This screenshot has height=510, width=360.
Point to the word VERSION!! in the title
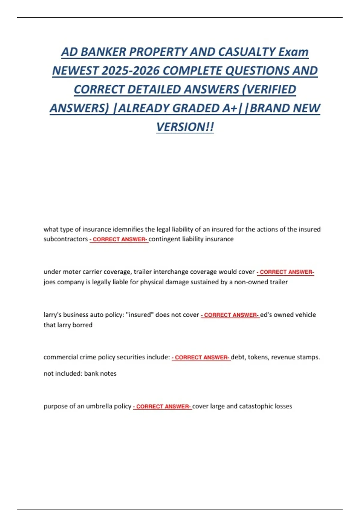[185, 127]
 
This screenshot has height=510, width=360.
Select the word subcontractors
[66, 239]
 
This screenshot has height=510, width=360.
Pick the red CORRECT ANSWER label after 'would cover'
[286, 272]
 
